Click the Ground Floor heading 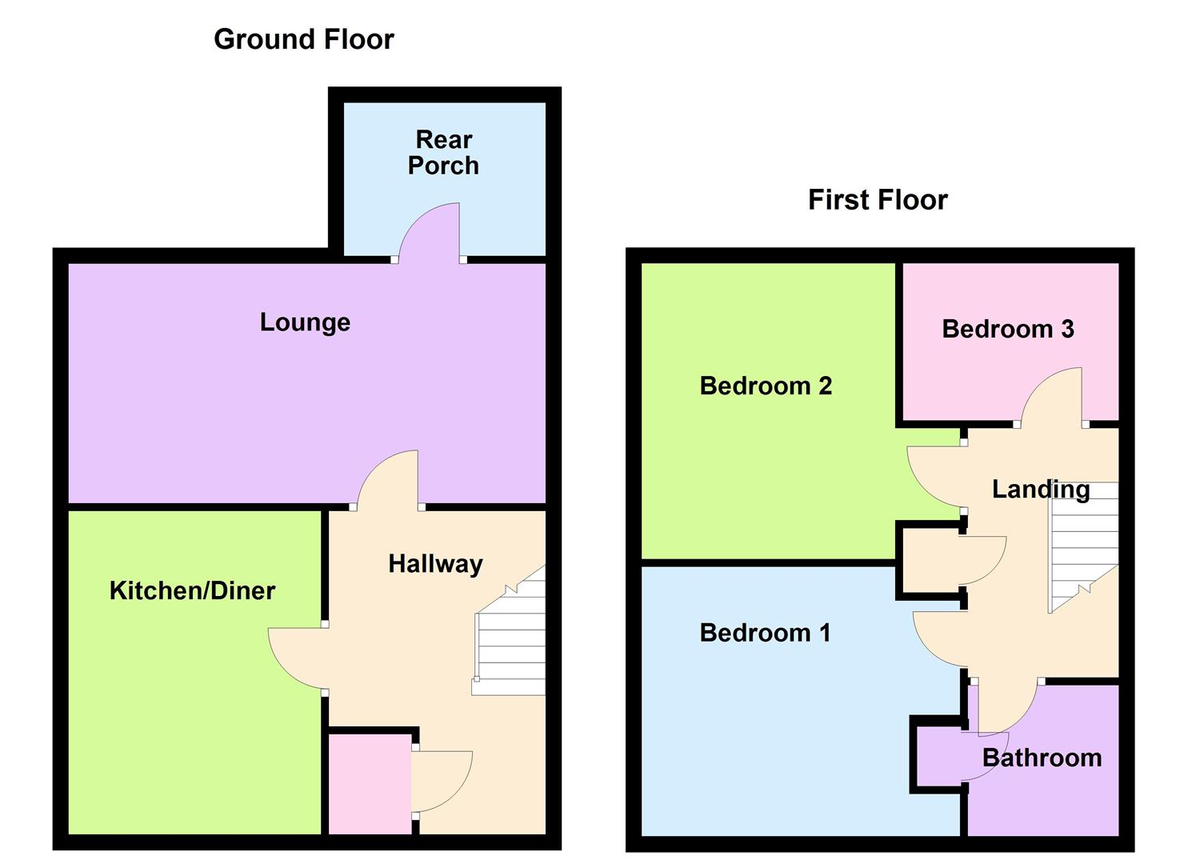coord(303,39)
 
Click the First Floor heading coord(877,199)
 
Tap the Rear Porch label coord(443,152)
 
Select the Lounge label coord(305,322)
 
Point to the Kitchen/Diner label coord(192,590)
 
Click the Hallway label coord(435,563)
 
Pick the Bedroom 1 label coord(765,633)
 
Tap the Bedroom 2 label coord(766,386)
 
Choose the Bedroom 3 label coord(1007,329)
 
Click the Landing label coord(1040,489)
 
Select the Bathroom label coord(1042,758)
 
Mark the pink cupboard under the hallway coord(369,784)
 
